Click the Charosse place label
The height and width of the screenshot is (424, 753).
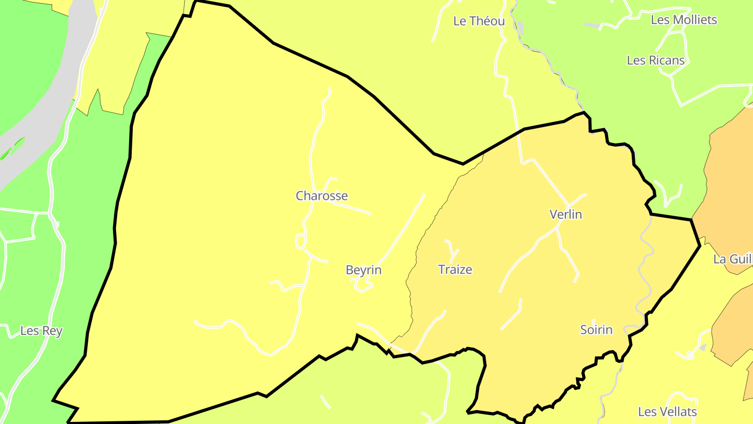click(322, 196)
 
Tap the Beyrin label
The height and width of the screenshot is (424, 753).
click(363, 270)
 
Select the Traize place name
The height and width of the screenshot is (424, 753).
click(455, 270)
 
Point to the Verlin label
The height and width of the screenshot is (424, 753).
click(566, 214)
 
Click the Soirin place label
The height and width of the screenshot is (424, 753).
click(596, 330)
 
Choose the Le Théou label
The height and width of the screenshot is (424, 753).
click(479, 21)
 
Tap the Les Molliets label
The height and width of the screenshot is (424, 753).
click(683, 20)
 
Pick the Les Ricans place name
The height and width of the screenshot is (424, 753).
click(656, 60)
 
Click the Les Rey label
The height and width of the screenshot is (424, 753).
click(41, 331)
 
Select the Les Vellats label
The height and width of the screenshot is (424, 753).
click(667, 412)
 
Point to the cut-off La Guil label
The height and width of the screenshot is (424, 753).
click(733, 259)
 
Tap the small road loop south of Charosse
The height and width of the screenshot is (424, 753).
click(301, 241)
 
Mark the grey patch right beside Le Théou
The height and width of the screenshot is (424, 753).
click(520, 27)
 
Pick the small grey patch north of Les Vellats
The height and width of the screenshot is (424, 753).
click(703, 348)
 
